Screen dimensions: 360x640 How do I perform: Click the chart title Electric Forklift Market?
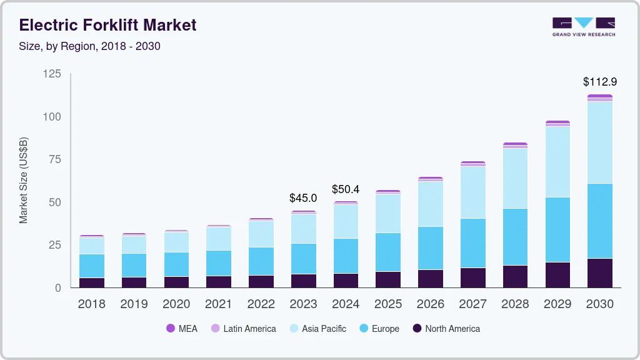click(108, 25)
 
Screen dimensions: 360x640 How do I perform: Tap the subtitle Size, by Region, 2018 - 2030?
click(90, 46)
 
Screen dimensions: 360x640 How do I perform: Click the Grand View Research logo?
click(583, 27)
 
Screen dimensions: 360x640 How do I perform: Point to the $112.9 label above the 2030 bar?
click(599, 82)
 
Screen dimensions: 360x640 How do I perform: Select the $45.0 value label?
click(303, 198)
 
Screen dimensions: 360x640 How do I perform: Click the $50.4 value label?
click(346, 189)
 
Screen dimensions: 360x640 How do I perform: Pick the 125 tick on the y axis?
click(52, 74)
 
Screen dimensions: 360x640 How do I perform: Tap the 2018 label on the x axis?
click(91, 304)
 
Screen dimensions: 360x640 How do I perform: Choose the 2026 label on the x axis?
click(430, 304)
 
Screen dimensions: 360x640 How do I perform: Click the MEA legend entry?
click(181, 329)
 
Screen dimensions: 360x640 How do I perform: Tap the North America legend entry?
click(445, 329)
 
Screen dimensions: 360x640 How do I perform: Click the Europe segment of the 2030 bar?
click(599, 221)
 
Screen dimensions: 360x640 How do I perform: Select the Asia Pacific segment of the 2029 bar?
click(557, 162)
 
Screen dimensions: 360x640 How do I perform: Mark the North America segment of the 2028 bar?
click(515, 276)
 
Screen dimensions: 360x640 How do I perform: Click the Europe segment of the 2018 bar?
click(91, 266)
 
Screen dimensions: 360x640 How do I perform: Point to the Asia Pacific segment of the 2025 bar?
click(387, 213)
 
